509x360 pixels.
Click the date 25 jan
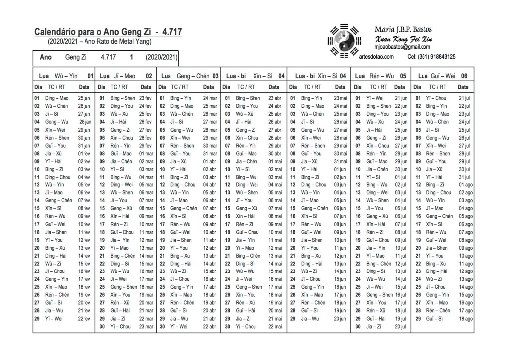tap(84, 98)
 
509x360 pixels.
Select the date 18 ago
tap(466, 318)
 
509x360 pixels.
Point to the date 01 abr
tap(210, 161)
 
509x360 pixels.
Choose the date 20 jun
tap(340, 318)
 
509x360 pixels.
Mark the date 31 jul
tap(464, 177)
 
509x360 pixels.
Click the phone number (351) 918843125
tap(438, 57)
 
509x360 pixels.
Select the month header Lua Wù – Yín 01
tap(65, 76)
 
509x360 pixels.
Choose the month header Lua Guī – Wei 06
tap(442, 76)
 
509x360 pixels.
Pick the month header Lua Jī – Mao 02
tap(126, 76)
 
